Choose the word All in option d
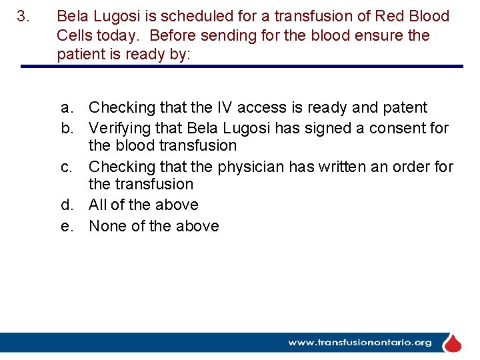[99, 205]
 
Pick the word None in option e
[107, 225]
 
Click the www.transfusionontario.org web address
[360, 343]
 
